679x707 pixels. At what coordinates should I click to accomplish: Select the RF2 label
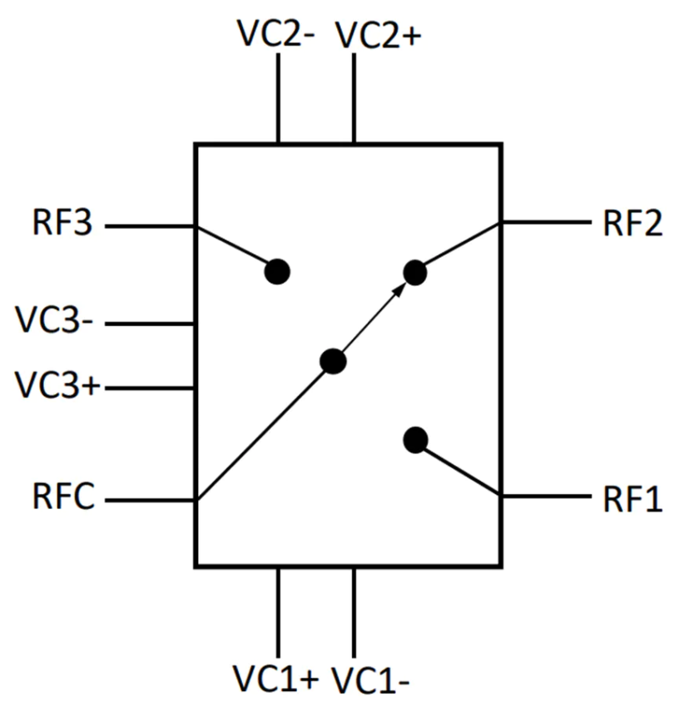point(632,224)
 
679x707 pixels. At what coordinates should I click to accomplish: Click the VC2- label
point(275,34)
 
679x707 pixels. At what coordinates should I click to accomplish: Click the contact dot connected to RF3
point(278,271)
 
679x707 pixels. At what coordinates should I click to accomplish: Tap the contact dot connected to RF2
point(414,271)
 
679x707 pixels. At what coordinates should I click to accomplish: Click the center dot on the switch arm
point(333,361)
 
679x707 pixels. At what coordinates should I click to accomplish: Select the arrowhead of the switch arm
point(400,288)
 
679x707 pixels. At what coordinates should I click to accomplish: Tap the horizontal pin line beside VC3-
point(150,323)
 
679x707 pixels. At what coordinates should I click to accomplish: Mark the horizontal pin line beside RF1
point(545,497)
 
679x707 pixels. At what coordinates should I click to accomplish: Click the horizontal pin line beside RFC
point(150,501)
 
